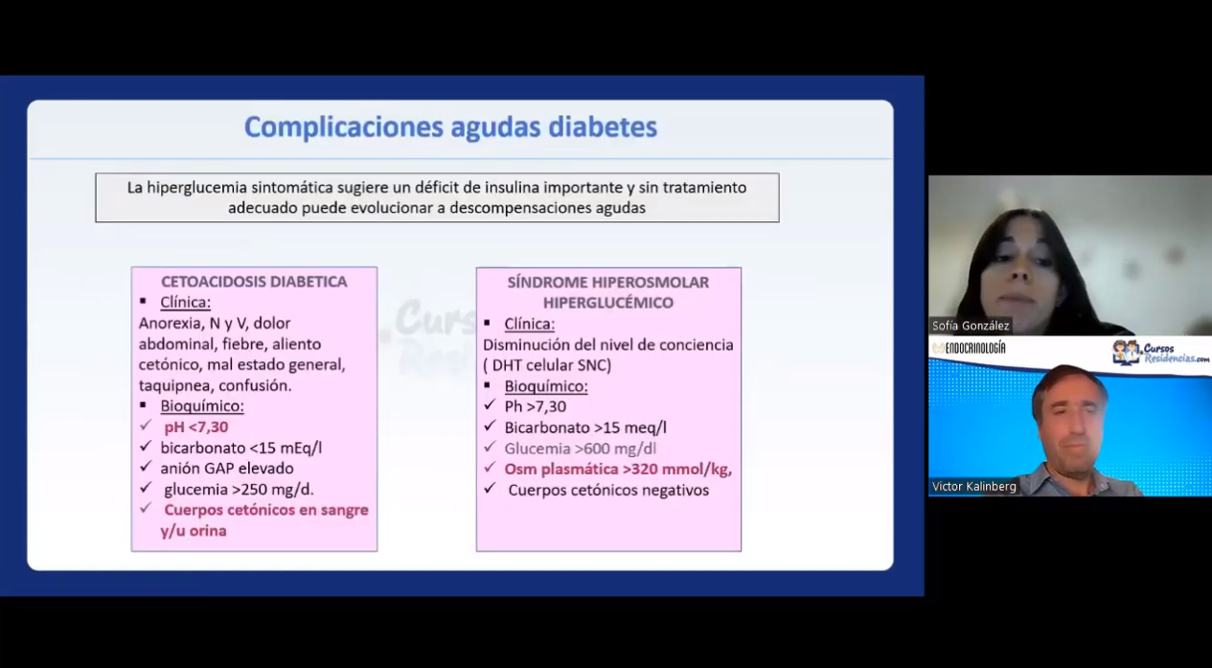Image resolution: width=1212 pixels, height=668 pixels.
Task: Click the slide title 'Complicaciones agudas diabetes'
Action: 450,127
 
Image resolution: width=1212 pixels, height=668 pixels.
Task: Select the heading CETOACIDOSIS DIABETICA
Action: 254,282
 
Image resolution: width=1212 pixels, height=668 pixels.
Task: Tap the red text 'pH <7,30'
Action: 195,427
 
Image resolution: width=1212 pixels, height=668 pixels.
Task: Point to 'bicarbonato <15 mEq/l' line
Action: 240,448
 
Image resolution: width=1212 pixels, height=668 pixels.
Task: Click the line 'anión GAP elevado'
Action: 227,469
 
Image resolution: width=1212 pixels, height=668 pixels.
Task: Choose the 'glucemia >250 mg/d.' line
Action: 239,490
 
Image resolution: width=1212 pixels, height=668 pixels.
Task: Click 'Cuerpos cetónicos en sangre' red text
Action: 266,510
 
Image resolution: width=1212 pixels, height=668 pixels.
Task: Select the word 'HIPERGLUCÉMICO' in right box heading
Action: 608,303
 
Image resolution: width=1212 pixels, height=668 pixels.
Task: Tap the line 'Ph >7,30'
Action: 536,406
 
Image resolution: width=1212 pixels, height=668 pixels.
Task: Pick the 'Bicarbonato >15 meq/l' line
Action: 585,427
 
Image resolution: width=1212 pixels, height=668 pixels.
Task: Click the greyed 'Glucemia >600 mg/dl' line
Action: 580,449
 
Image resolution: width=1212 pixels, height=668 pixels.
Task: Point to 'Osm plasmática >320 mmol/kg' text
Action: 618,470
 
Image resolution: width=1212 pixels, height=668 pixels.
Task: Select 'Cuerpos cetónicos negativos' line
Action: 608,491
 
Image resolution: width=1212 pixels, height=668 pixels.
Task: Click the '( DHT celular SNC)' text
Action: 547,365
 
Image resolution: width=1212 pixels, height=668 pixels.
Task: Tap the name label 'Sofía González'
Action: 971,326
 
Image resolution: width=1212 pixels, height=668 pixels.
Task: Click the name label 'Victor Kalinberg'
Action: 974,487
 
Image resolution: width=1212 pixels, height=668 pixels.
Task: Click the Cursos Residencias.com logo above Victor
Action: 1160,353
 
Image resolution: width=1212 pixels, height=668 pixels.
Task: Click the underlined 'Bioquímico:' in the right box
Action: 546,386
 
